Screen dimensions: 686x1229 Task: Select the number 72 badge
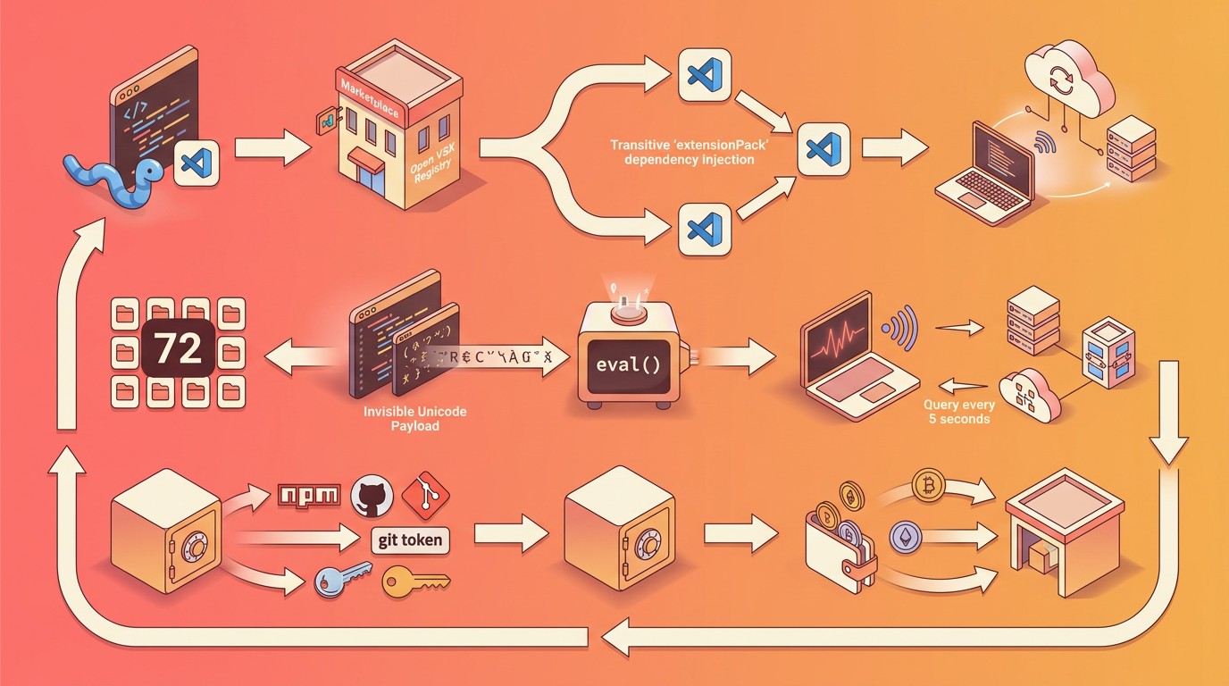click(x=178, y=349)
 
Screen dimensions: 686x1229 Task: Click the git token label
click(x=410, y=540)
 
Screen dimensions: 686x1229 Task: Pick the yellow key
click(x=414, y=581)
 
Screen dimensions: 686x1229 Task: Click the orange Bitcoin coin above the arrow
click(x=929, y=486)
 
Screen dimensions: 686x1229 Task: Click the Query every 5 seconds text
click(x=957, y=411)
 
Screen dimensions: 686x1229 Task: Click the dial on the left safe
click(x=193, y=546)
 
